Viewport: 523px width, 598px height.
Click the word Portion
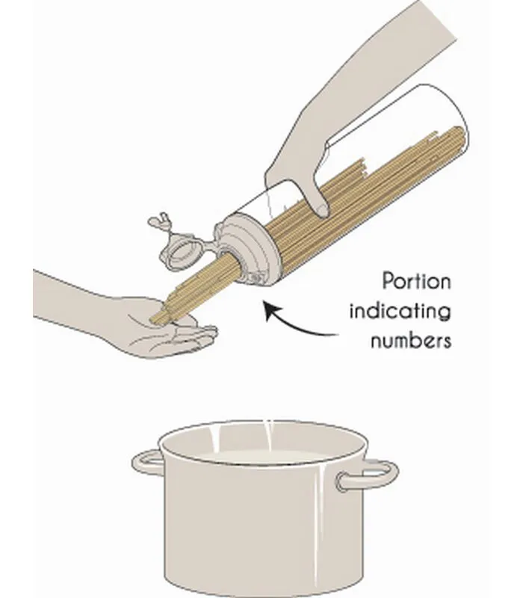coord(416,281)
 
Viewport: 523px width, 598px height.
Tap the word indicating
coord(400,311)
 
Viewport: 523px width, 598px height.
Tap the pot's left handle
coord(146,463)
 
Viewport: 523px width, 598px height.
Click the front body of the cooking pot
coord(263,526)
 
